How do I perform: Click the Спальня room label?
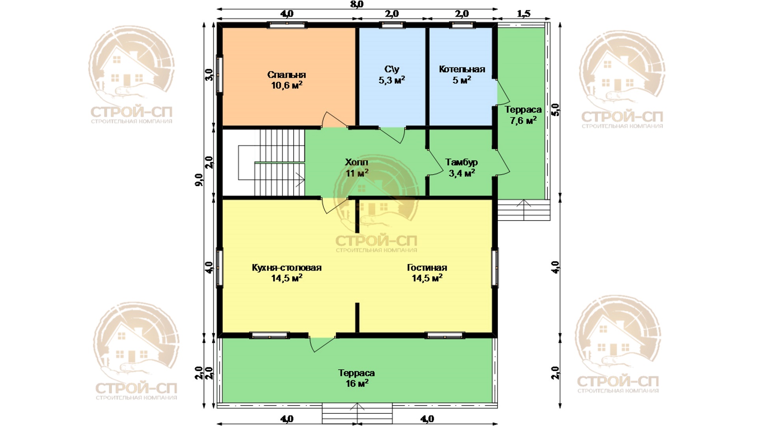tap(287, 75)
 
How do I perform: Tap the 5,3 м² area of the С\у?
tap(392, 80)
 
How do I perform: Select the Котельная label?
tap(462, 69)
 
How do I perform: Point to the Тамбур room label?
tap(461, 162)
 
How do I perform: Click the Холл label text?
tap(356, 162)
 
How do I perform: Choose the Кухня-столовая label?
tap(287, 268)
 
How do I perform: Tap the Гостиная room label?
tap(427, 268)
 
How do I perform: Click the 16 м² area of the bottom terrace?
tap(357, 383)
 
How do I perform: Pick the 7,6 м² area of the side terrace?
tap(523, 120)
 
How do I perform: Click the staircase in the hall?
tap(272, 163)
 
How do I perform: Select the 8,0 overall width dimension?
tap(356, 4)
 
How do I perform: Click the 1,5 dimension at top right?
tap(524, 14)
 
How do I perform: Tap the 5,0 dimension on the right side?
tap(555, 110)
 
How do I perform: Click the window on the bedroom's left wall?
tap(220, 75)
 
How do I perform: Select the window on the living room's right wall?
tap(495, 267)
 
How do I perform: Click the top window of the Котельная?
tap(462, 25)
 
